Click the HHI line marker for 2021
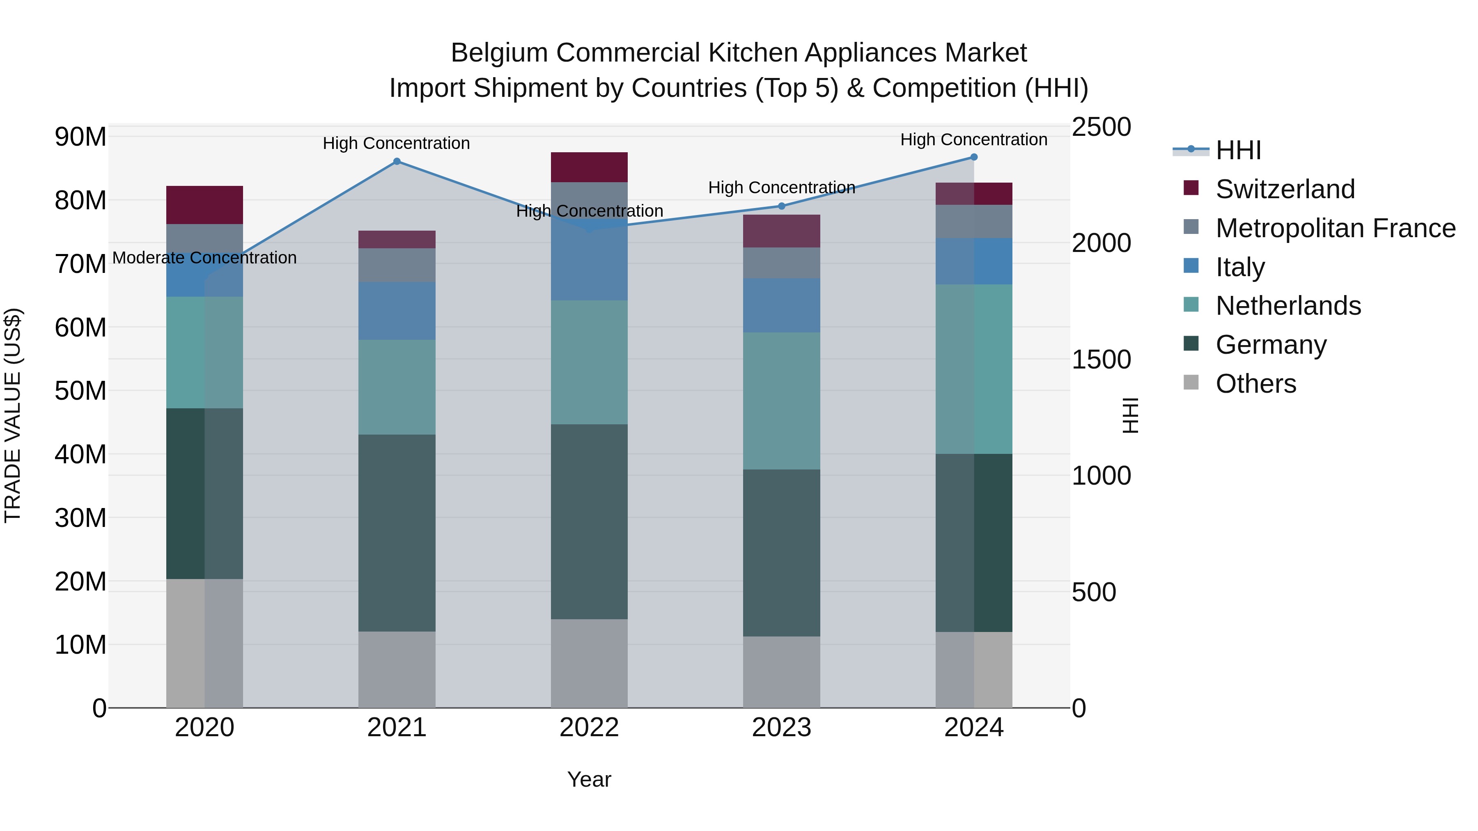pyautogui.click(x=397, y=162)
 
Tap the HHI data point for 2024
pyautogui.click(x=974, y=157)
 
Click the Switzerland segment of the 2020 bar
pyautogui.click(x=204, y=205)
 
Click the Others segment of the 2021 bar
pyautogui.click(x=397, y=669)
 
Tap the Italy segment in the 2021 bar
pyautogui.click(x=397, y=310)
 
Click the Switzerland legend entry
pyautogui.click(x=1285, y=189)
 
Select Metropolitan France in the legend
pyautogui.click(x=1335, y=228)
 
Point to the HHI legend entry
pyautogui.click(x=1238, y=150)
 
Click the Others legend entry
pyautogui.click(x=1255, y=384)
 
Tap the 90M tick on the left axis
pyautogui.click(x=80, y=137)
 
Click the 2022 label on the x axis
pyautogui.click(x=589, y=728)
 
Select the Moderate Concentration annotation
pyautogui.click(x=204, y=258)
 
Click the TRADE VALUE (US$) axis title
pyautogui.click(x=13, y=415)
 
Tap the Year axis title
pyautogui.click(x=589, y=779)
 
